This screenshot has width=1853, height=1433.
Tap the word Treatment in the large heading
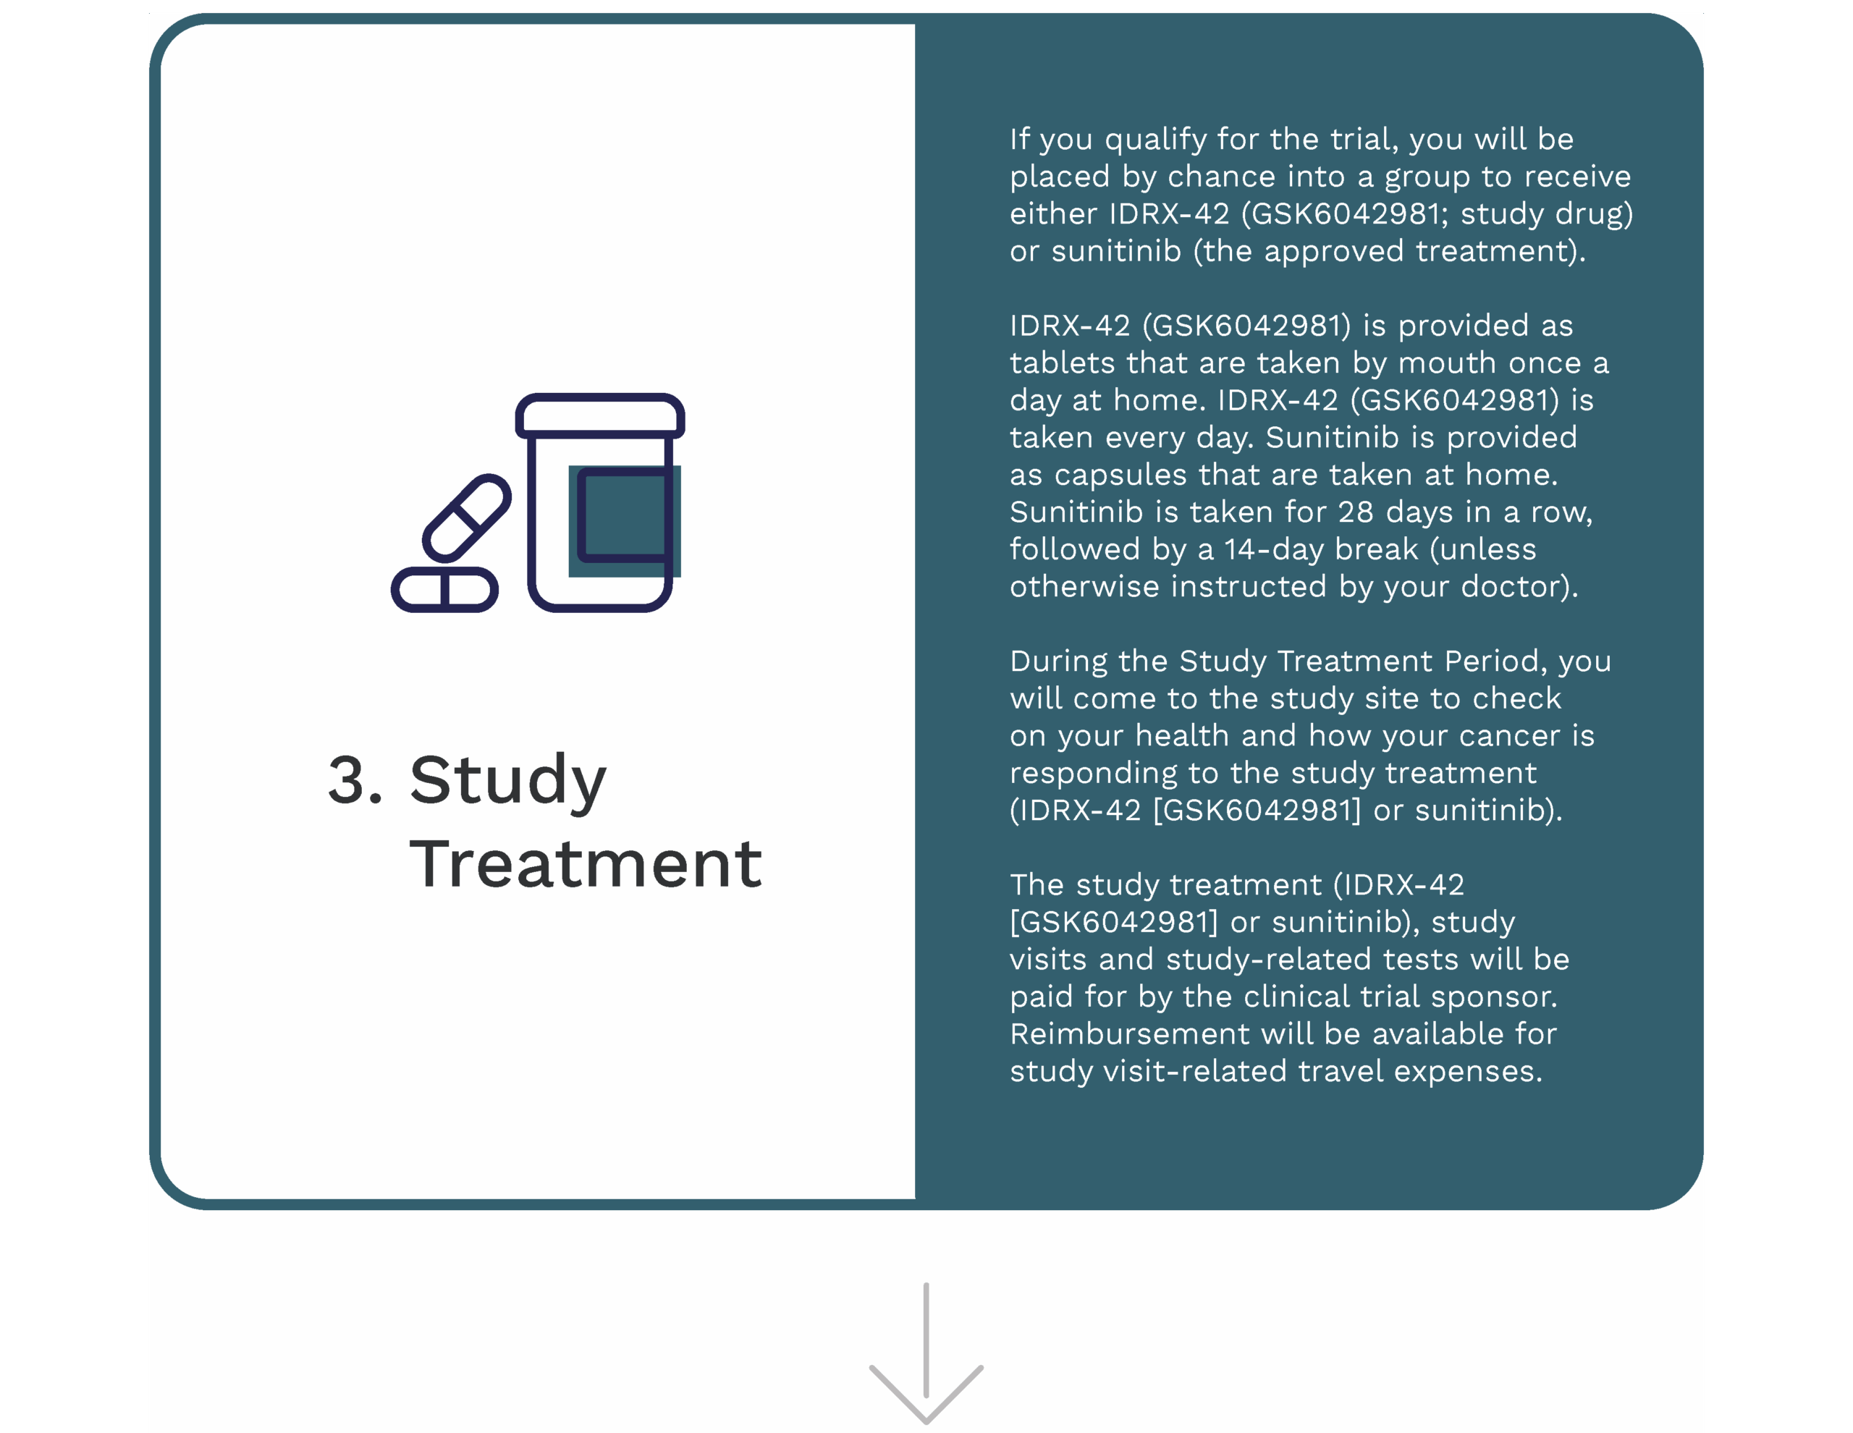pyautogui.click(x=586, y=865)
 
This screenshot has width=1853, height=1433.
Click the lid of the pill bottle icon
pyautogui.click(x=600, y=415)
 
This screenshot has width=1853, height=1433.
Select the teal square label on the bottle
pyautogui.click(x=625, y=521)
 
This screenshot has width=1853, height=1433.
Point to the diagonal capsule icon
pyautogui.click(x=467, y=517)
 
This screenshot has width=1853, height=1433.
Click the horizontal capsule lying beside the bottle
pyautogui.click(x=444, y=589)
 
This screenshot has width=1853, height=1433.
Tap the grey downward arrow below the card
pyautogui.click(x=926, y=1353)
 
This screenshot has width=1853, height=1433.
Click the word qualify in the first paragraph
pyautogui.click(x=1155, y=140)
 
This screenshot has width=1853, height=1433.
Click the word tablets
pyautogui.click(x=1063, y=363)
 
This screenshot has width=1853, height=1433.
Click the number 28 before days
pyautogui.click(x=1356, y=512)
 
